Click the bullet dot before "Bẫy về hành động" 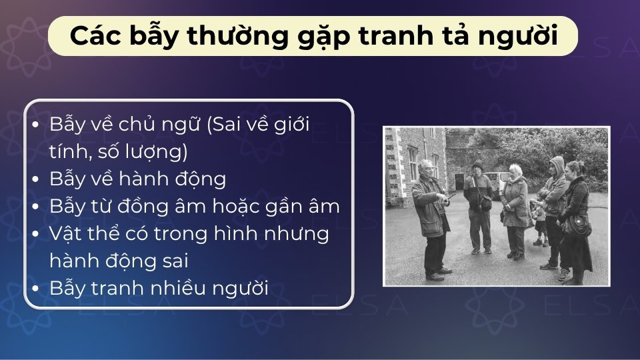[35, 180]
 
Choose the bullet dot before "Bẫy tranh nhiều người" [35, 289]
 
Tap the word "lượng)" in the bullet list [158, 153]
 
